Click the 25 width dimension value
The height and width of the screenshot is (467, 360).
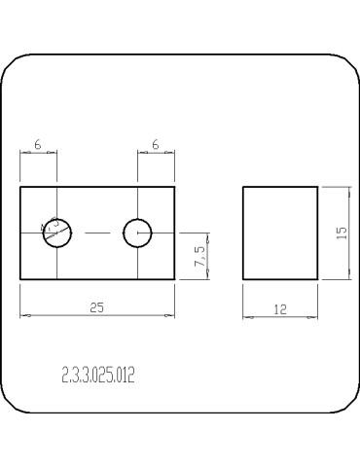pyautogui.click(x=96, y=306)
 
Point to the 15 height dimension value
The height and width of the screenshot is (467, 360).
pyautogui.click(x=341, y=233)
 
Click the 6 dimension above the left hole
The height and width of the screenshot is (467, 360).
pyautogui.click(x=37, y=144)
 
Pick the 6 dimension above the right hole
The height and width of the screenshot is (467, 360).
pyautogui.click(x=156, y=144)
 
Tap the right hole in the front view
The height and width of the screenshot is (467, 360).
pyautogui.click(x=137, y=233)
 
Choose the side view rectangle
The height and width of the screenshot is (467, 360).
pyautogui.click(x=280, y=233)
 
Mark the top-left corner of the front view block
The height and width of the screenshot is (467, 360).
pyautogui.click(x=20, y=187)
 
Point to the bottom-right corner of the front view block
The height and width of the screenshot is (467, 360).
pyautogui.click(x=175, y=280)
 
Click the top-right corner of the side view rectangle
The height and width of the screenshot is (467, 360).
pyautogui.click(x=318, y=187)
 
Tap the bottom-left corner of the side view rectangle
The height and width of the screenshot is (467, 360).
pyautogui.click(x=242, y=280)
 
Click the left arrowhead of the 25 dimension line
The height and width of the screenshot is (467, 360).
pyautogui.click(x=23, y=315)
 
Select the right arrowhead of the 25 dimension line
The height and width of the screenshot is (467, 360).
pyautogui.click(x=172, y=315)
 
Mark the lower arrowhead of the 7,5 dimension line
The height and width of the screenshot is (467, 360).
pyautogui.click(x=207, y=277)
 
